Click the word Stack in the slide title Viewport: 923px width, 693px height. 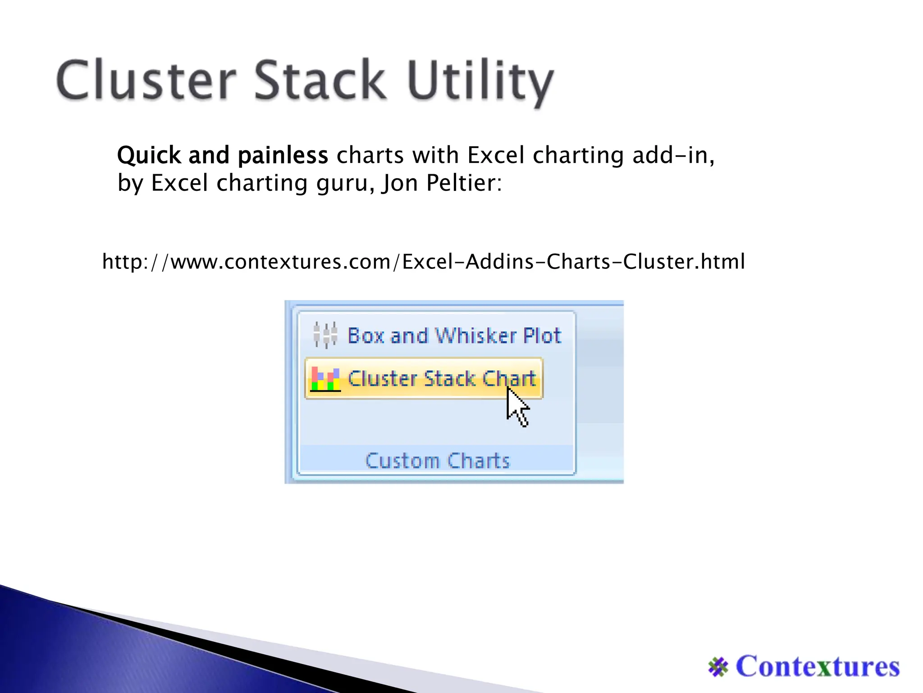pyautogui.click(x=320, y=80)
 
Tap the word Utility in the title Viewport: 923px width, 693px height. pyautogui.click(x=480, y=81)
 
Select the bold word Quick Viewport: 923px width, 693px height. pyautogui.click(x=149, y=156)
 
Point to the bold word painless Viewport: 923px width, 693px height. pyautogui.click(x=283, y=156)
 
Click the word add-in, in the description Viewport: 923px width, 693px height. pyautogui.click(x=673, y=156)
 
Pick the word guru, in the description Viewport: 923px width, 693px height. pyautogui.click(x=345, y=184)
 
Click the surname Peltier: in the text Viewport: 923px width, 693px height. pyautogui.click(x=464, y=183)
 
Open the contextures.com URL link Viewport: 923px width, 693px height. pyautogui.click(x=424, y=262)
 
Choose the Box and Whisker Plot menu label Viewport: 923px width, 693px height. pyautogui.click(x=454, y=336)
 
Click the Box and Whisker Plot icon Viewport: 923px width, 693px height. pyautogui.click(x=325, y=335)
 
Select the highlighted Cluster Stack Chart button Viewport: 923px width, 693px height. pyautogui.click(x=424, y=379)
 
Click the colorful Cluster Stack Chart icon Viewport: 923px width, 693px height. pyautogui.click(x=325, y=379)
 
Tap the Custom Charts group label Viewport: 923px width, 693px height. pyautogui.click(x=437, y=461)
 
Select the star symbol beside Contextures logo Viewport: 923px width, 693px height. pyautogui.click(x=718, y=667)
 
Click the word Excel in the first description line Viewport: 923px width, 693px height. pyautogui.click(x=496, y=156)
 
